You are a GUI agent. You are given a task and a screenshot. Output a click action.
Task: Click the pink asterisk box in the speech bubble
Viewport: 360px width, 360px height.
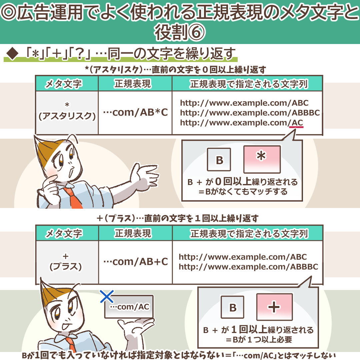pos(262,159)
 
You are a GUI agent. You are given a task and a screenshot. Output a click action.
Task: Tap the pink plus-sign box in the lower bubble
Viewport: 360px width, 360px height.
pos(274,307)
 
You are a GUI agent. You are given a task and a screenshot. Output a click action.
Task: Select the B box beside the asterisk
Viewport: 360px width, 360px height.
pos(219,160)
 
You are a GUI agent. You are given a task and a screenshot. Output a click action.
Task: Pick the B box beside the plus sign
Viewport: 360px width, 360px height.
pos(233,307)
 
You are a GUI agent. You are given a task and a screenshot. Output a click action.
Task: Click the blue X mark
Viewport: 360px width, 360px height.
pos(107,296)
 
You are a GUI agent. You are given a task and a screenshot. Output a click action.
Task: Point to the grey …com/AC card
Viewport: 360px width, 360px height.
pos(129,306)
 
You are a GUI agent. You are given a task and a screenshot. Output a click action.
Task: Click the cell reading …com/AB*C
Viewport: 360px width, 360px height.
pos(135,113)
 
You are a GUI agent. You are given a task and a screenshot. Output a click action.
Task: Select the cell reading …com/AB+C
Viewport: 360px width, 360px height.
pos(135,262)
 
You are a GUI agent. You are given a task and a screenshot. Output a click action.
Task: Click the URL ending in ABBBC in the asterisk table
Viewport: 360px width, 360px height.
pos(250,113)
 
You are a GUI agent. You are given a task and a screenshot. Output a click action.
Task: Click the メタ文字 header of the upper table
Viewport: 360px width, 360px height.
pos(67,84)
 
